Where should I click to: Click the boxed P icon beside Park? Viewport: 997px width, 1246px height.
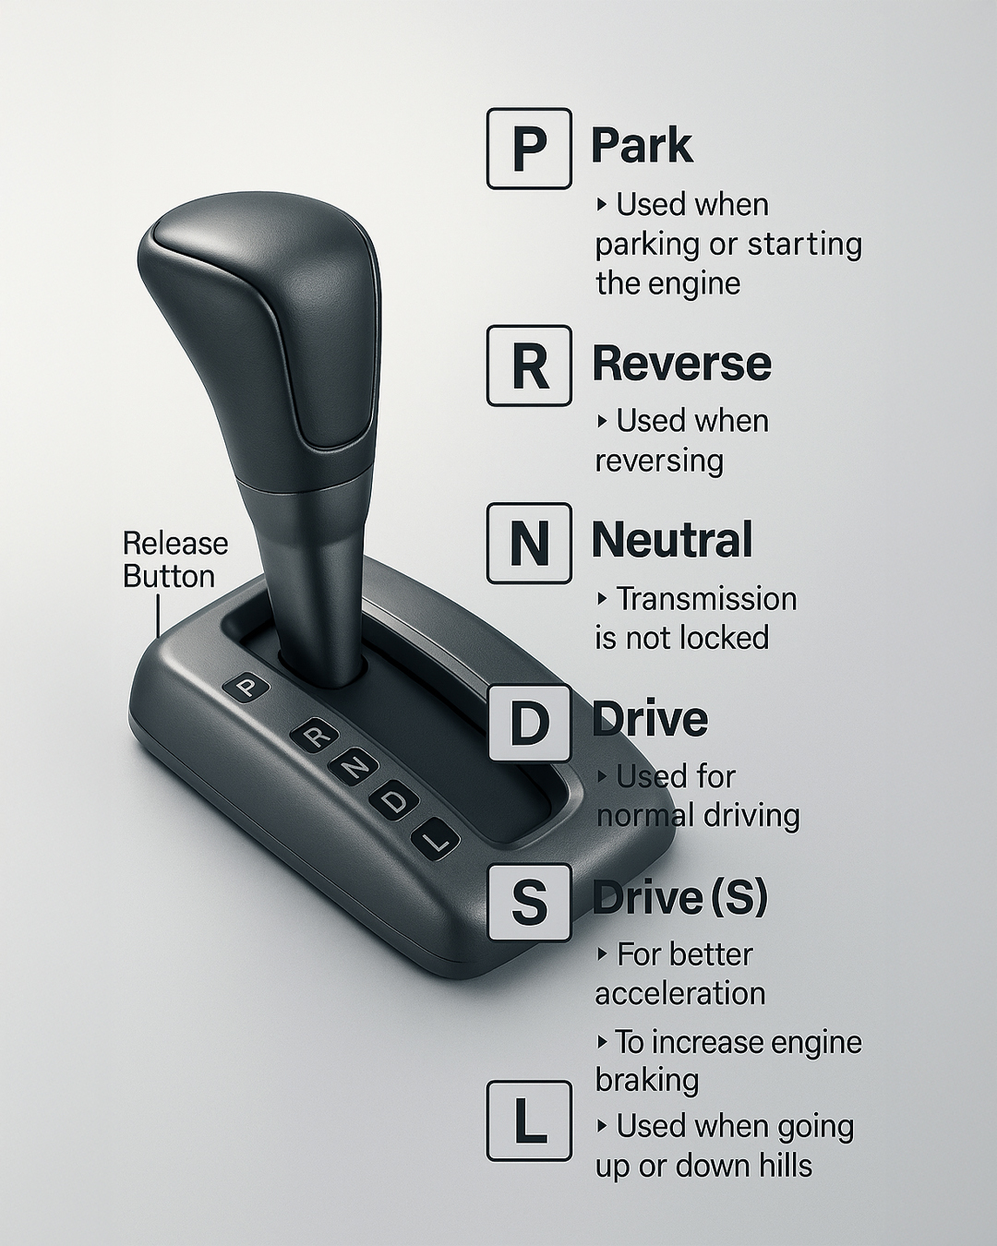tap(529, 149)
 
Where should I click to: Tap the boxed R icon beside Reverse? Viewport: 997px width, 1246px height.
tap(529, 365)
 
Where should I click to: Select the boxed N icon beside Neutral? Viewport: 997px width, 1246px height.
tap(529, 543)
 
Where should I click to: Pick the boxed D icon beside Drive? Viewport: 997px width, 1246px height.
tap(529, 724)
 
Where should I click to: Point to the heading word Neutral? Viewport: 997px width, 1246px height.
tap(672, 540)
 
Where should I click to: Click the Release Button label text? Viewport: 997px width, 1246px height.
tap(175, 560)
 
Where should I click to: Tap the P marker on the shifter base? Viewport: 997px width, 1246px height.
tap(246, 688)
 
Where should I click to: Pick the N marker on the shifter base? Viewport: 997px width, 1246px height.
tap(354, 768)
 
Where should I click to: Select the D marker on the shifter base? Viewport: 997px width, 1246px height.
tap(394, 802)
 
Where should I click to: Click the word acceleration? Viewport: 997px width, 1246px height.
tap(680, 994)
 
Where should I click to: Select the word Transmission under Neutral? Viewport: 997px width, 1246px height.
tap(706, 599)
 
